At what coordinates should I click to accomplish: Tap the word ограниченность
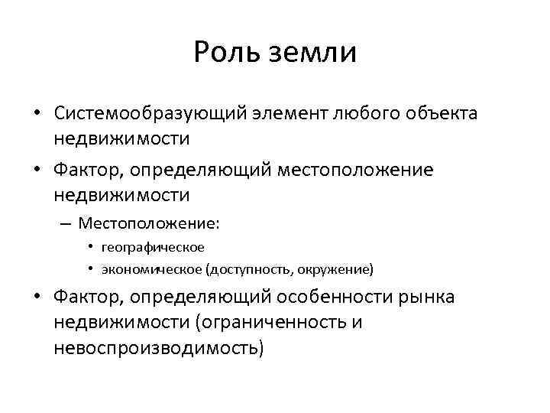coord(271,323)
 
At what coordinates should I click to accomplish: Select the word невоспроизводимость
coord(158,348)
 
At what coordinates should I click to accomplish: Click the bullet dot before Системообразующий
coord(37,115)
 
